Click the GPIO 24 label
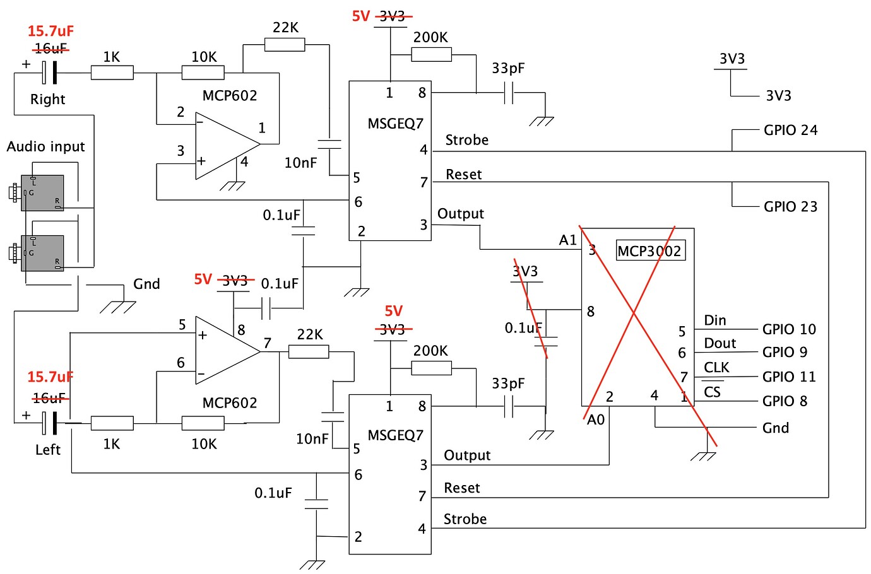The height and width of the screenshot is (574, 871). pyautogui.click(x=790, y=130)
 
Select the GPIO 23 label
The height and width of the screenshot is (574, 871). pyautogui.click(x=790, y=207)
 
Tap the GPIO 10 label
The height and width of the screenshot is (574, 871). pyautogui.click(x=789, y=329)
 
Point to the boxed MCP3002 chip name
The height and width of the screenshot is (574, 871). pyautogui.click(x=649, y=251)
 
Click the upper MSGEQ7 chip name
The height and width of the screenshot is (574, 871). pyautogui.click(x=395, y=123)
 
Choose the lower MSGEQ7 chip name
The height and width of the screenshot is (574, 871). pyautogui.click(x=395, y=435)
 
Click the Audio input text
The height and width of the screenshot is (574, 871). pyautogui.click(x=45, y=146)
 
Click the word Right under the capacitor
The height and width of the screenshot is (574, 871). pyautogui.click(x=47, y=99)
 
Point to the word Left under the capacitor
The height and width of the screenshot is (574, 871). pyautogui.click(x=47, y=450)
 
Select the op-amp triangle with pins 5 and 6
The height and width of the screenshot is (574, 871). pyautogui.click(x=224, y=351)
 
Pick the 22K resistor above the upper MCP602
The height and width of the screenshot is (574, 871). pyautogui.click(x=285, y=45)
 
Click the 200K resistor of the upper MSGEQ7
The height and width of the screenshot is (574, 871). pyautogui.click(x=431, y=55)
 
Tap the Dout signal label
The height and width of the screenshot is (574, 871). pyautogui.click(x=720, y=343)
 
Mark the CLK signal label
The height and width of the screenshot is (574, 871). pyautogui.click(x=716, y=367)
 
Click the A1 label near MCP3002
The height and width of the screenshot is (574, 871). pyautogui.click(x=567, y=240)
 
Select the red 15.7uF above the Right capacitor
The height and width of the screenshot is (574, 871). pyautogui.click(x=50, y=31)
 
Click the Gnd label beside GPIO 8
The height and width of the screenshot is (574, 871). pyautogui.click(x=775, y=428)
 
